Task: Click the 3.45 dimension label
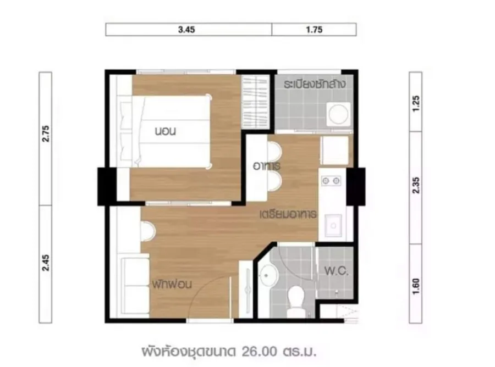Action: point(186,30)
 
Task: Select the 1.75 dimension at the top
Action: point(314,30)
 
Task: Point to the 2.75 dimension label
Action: point(46,134)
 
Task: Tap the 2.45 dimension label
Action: point(46,263)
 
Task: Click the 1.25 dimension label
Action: point(416,103)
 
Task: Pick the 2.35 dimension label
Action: point(416,185)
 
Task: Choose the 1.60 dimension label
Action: point(416,286)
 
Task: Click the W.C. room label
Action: point(336,271)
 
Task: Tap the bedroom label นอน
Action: point(165,131)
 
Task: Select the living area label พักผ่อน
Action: point(172,284)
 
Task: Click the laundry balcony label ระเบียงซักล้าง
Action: point(315,84)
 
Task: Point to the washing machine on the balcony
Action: point(338,114)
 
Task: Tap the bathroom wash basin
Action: point(267,276)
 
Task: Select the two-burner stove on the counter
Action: point(331,181)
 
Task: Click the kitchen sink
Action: point(333,225)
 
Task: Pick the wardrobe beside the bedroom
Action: point(255,102)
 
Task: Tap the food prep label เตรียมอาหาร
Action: point(288,215)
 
